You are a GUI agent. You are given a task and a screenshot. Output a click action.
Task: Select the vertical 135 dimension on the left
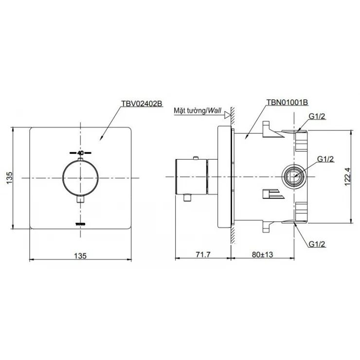pyautogui.click(x=8, y=178)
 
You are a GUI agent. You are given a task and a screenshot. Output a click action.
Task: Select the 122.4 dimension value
pyautogui.click(x=347, y=178)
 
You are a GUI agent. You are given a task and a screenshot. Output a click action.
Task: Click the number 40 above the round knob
pyautogui.click(x=80, y=152)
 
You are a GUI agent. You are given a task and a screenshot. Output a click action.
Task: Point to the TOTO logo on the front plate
pyautogui.click(x=80, y=223)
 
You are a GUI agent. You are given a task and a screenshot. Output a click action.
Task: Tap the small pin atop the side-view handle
pyautogui.click(x=196, y=157)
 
